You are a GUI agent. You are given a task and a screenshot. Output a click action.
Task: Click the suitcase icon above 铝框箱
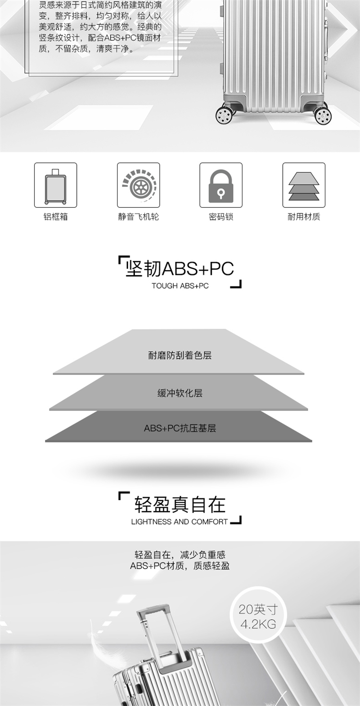pos(55,185)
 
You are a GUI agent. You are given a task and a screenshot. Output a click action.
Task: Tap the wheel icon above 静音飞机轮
pos(138,185)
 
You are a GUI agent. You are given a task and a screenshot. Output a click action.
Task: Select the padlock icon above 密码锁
pos(221,185)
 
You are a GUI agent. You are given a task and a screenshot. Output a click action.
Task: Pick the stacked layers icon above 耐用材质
pos(303,185)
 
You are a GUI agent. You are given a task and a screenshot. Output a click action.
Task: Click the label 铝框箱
pos(55,216)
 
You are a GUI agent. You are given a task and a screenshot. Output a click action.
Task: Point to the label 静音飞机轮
pos(138,216)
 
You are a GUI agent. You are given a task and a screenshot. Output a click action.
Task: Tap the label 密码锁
pos(221,216)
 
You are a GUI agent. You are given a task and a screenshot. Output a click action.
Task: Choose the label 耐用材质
pos(303,216)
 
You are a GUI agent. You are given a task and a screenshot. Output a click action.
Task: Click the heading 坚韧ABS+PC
pos(179,268)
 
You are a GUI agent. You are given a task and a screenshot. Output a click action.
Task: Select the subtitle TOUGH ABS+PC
pos(180,286)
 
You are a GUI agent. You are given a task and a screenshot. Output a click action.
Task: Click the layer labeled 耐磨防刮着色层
pos(180,356)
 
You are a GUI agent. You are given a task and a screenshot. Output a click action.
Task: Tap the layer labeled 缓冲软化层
pos(180,393)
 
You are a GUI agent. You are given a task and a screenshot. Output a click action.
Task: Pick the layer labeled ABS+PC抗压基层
pos(180,428)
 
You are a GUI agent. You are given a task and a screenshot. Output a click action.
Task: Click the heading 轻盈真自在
pos(180,505)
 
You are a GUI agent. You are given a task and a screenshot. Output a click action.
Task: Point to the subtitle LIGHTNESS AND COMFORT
pos(179,522)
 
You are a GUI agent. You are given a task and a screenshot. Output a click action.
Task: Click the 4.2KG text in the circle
pos(258,624)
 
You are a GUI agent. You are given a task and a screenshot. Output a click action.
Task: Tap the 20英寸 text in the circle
pos(258,610)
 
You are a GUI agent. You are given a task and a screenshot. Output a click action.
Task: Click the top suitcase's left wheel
pos(224,115)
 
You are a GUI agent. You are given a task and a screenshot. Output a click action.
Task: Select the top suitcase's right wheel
pos(323,116)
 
